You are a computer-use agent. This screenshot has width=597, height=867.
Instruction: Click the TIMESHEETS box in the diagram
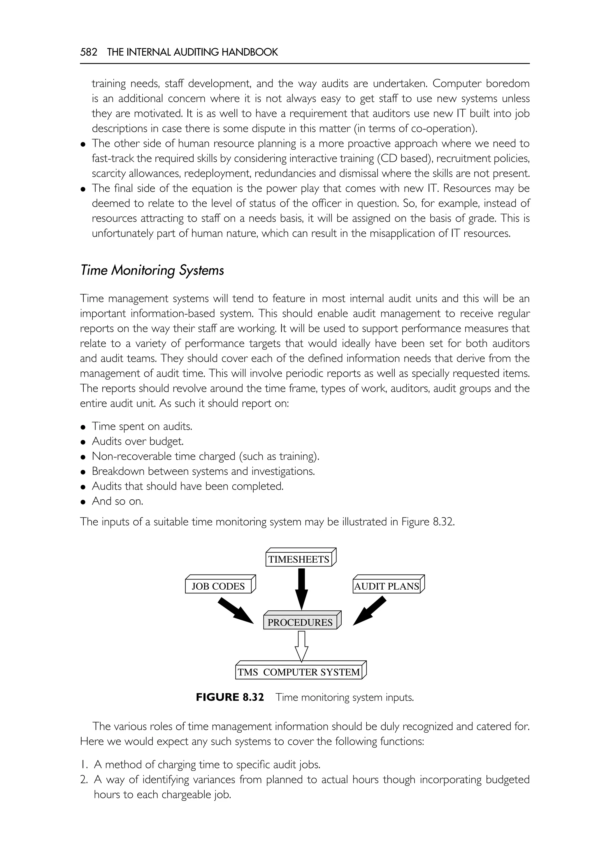(x=299, y=559)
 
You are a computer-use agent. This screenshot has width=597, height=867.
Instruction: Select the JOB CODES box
(x=218, y=586)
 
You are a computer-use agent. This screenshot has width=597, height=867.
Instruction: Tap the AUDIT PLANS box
(x=387, y=586)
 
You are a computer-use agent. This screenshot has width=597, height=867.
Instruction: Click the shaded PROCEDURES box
(x=300, y=622)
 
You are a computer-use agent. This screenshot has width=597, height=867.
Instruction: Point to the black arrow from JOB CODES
(x=235, y=610)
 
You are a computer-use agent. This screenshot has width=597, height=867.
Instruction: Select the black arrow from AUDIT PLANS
(x=370, y=610)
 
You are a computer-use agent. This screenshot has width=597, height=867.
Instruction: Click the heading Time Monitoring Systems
(x=152, y=270)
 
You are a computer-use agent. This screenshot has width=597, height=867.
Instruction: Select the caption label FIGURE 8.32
(x=230, y=697)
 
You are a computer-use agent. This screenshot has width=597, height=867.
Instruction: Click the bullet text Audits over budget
(x=138, y=441)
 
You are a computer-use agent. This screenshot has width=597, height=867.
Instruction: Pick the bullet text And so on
(x=117, y=501)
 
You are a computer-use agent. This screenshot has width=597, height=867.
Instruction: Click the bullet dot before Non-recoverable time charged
(x=84, y=457)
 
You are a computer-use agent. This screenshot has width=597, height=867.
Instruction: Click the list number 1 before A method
(x=84, y=764)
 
